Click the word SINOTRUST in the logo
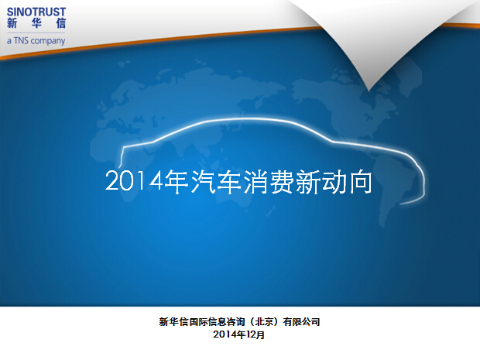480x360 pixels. tap(36, 12)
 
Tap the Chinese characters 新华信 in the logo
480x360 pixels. tap(36, 23)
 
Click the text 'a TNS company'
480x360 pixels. tap(36, 41)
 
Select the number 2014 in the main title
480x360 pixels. tap(134, 181)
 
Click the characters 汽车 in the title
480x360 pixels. tap(217, 182)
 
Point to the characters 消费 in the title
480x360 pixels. tap(269, 182)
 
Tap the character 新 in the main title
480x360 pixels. tap(308, 182)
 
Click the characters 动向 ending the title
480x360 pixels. tap(347, 182)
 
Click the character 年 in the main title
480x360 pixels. tap(177, 182)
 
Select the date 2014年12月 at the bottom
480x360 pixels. tap(238, 334)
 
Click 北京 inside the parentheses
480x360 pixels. tap(264, 322)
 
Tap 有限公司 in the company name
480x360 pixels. tap(301, 322)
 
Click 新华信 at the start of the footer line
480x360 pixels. tap(173, 322)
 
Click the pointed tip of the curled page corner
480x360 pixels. tap(369, 91)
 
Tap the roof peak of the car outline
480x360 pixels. tap(245, 118)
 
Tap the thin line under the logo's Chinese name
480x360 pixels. tap(36, 33)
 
